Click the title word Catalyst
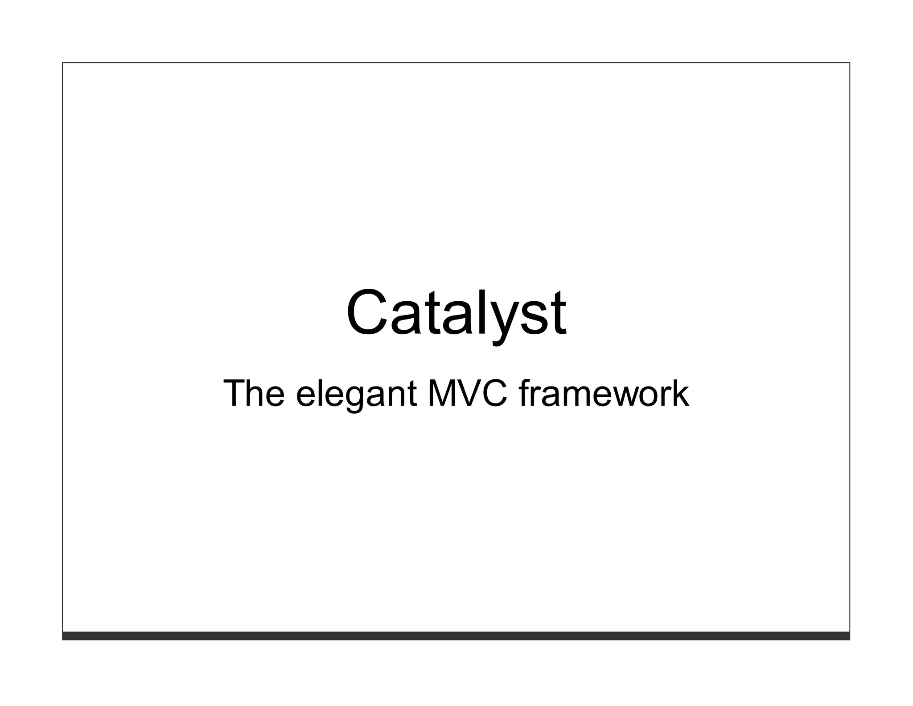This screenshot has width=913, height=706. (x=456, y=313)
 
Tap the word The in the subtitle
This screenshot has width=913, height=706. (x=253, y=394)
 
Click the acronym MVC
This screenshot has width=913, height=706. (x=467, y=394)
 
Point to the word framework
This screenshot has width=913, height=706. (x=604, y=394)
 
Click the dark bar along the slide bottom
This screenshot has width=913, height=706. (x=456, y=635)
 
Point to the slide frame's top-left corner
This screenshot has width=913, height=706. (x=62, y=62)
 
